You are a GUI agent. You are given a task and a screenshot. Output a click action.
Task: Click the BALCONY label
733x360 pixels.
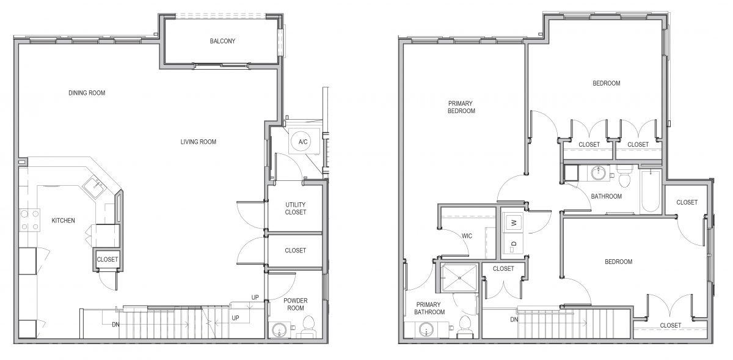pos(222,41)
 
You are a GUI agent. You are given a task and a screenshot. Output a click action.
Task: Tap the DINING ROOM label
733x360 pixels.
pos(87,93)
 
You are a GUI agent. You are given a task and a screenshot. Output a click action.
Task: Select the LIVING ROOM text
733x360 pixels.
pos(199,142)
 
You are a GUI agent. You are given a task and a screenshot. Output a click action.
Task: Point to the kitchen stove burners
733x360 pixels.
pos(30,220)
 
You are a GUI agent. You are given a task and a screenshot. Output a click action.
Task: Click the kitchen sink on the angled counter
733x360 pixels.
pos(95,188)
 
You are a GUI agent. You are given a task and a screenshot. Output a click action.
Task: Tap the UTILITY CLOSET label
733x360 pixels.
pos(296,208)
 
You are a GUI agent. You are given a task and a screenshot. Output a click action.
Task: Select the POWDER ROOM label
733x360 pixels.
pos(296,304)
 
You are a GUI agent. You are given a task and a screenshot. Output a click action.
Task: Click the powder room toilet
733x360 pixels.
pos(308,326)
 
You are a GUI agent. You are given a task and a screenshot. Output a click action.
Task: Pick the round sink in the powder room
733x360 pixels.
pos(280,330)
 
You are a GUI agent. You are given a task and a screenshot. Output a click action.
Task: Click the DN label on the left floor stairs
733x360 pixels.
pos(116,325)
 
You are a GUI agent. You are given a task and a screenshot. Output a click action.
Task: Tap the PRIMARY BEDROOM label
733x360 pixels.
pos(461,107)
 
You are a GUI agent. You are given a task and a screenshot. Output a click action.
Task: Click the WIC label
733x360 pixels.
pos(467,236)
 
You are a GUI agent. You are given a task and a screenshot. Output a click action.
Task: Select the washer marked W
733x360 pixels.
pos(514,222)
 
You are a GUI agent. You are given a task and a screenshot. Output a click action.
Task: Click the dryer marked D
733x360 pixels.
pos(514,244)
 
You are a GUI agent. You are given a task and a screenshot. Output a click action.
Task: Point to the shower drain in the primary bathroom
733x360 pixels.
pos(459,277)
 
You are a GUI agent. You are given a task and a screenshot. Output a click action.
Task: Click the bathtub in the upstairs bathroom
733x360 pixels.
pos(651,191)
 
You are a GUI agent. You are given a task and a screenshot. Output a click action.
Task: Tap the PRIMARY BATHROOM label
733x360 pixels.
pos(429,308)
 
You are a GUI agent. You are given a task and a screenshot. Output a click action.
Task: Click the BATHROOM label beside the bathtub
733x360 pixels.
pos(607,197)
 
